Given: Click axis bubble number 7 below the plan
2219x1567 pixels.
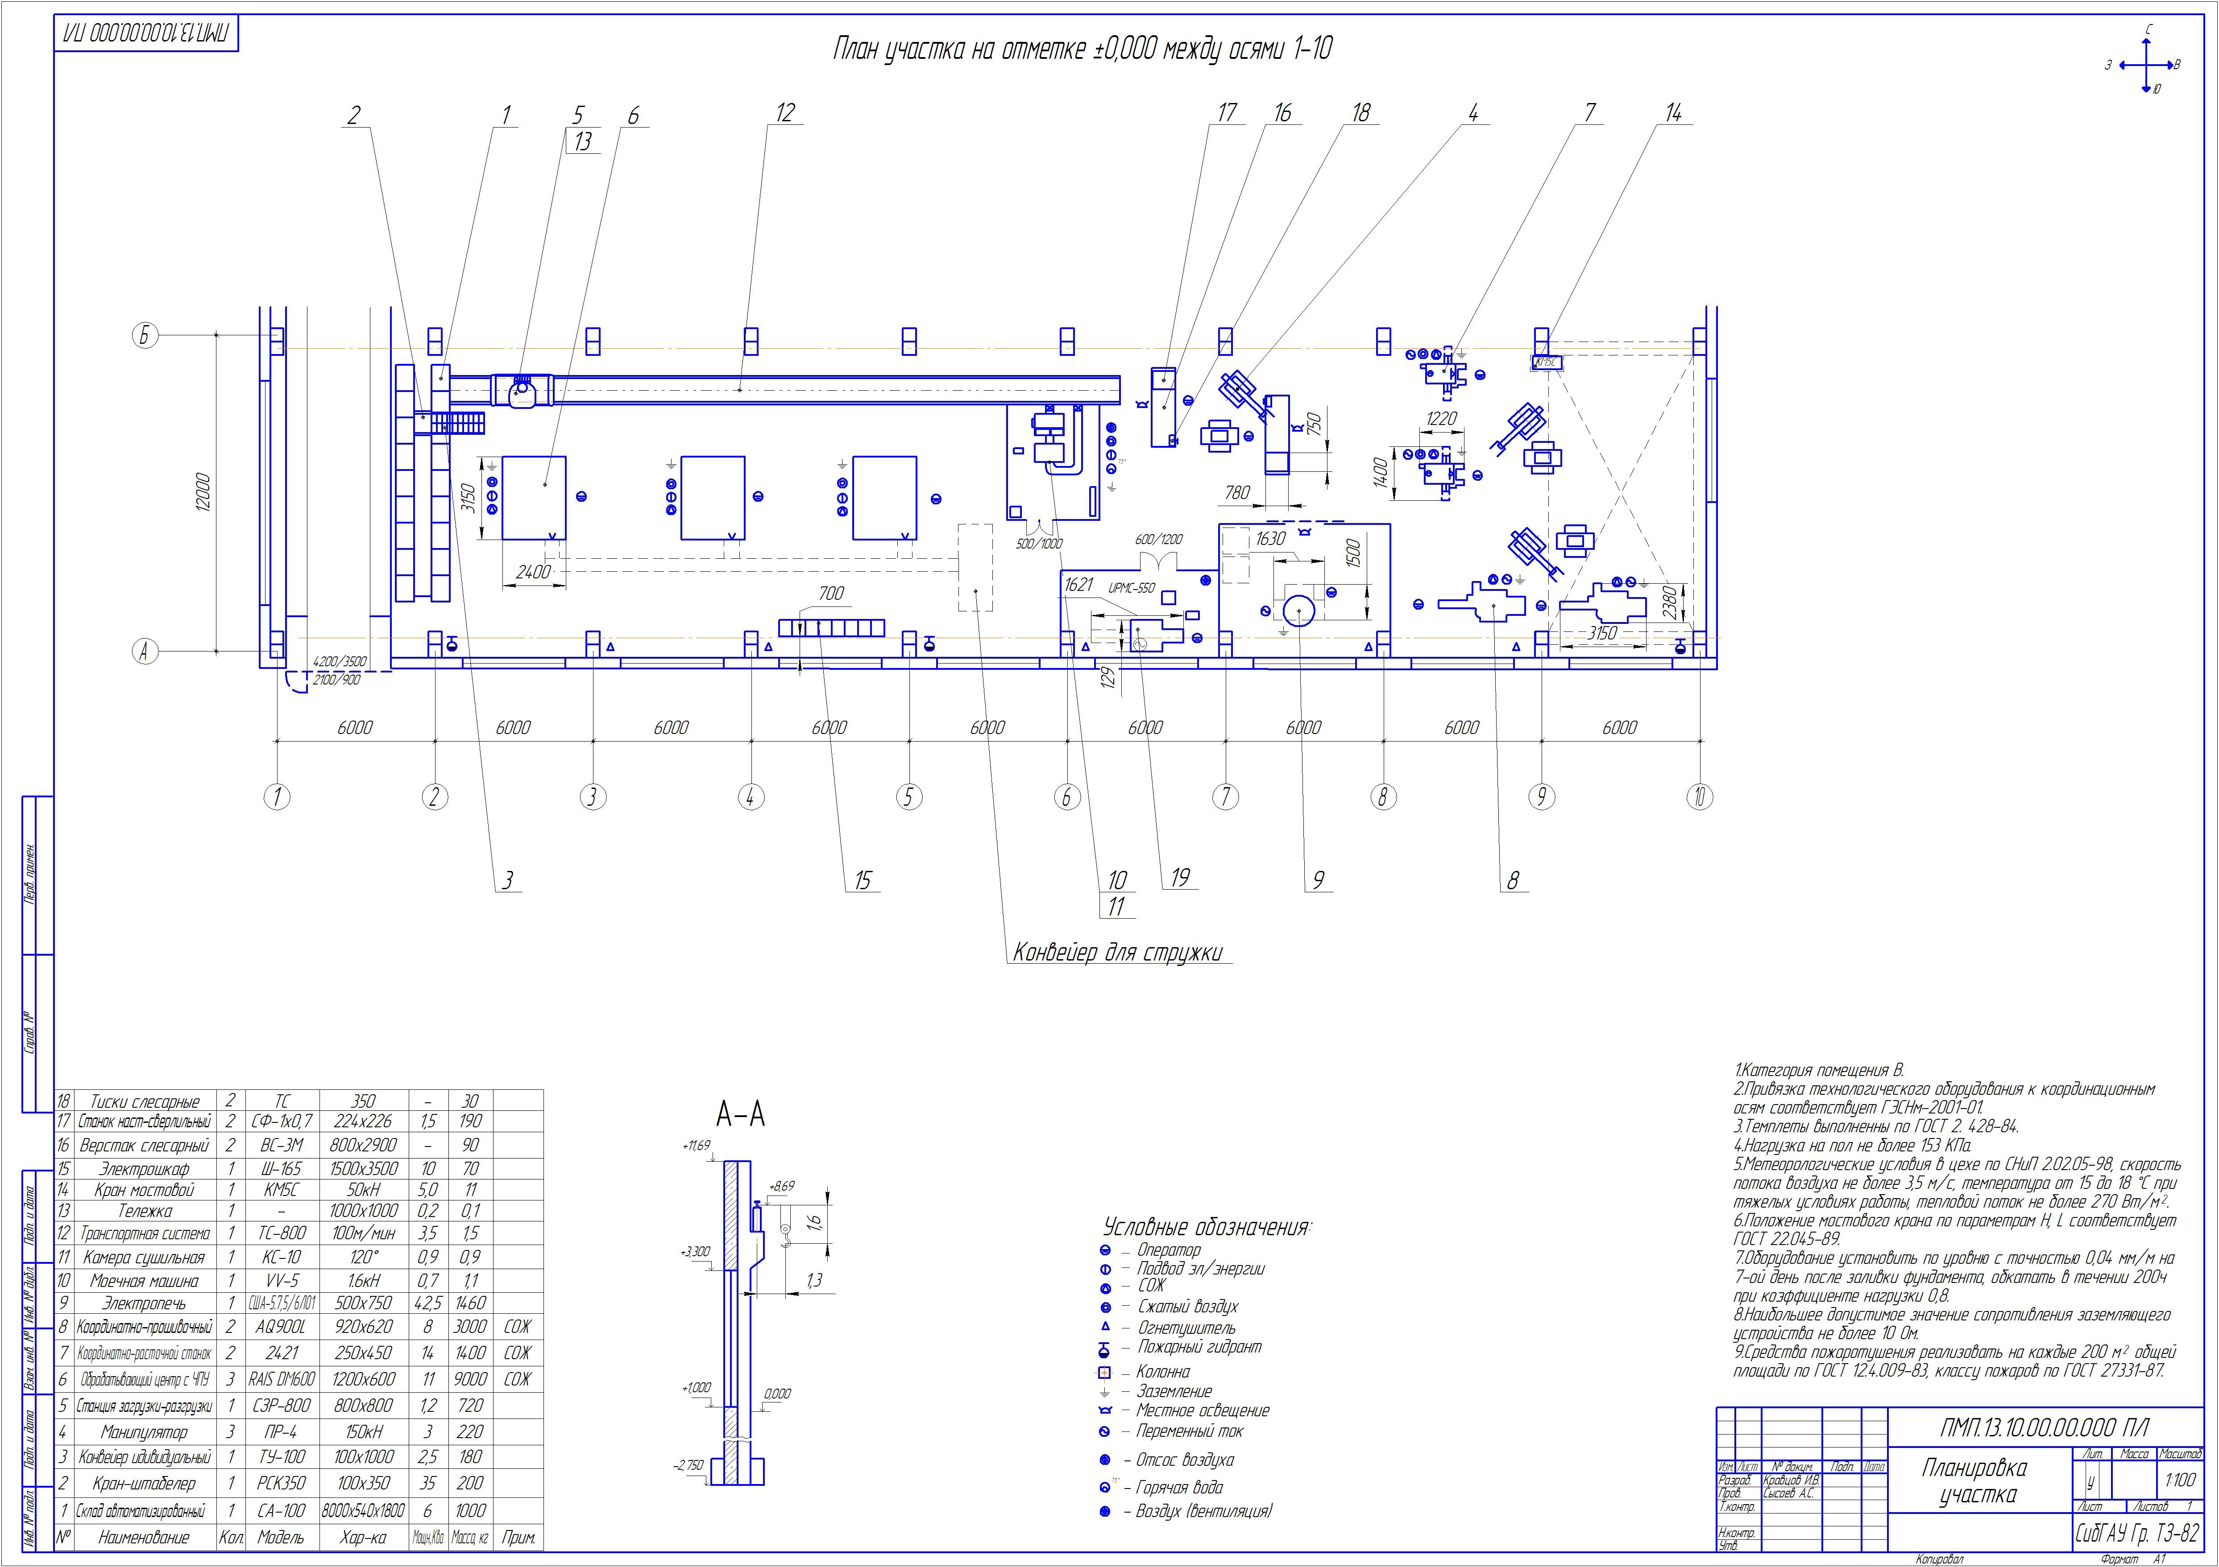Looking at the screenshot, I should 1224,797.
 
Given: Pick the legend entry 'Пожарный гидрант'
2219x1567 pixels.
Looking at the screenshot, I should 1199,1347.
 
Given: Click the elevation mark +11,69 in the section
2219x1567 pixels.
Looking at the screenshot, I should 696,1146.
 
